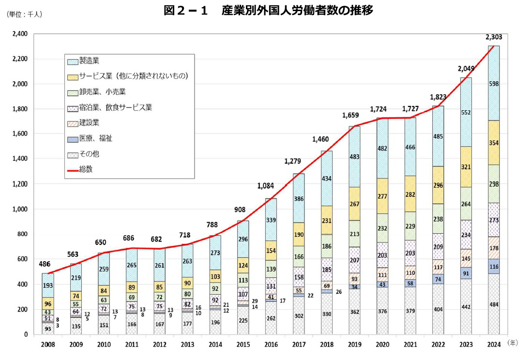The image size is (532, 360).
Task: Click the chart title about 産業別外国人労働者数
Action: click(268, 10)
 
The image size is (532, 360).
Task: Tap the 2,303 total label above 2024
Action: click(493, 37)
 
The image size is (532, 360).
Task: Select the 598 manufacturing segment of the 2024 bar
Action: click(493, 83)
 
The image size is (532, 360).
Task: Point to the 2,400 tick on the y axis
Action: click(20, 34)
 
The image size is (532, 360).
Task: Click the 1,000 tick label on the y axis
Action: click(20, 210)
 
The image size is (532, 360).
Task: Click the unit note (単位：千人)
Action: click(24, 15)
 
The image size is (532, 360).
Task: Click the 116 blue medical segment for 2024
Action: click(493, 267)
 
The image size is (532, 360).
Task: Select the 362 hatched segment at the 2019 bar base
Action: click(355, 312)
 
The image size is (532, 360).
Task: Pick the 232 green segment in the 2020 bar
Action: click(382, 228)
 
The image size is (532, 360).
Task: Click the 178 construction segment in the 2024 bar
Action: click(493, 248)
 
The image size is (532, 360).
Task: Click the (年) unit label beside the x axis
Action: click(513, 342)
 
